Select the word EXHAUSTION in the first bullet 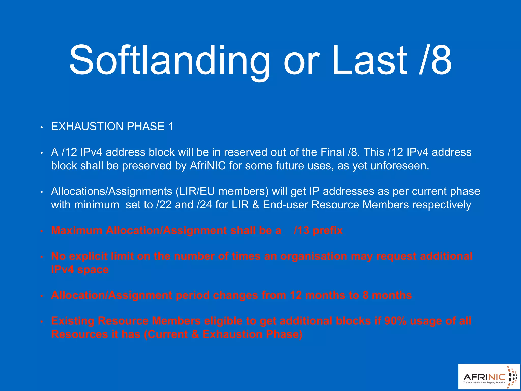point(87,127)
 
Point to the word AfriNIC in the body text point(208,166)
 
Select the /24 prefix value point(204,205)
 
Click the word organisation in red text point(314,256)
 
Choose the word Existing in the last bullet point(73,321)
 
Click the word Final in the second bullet point(332,152)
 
